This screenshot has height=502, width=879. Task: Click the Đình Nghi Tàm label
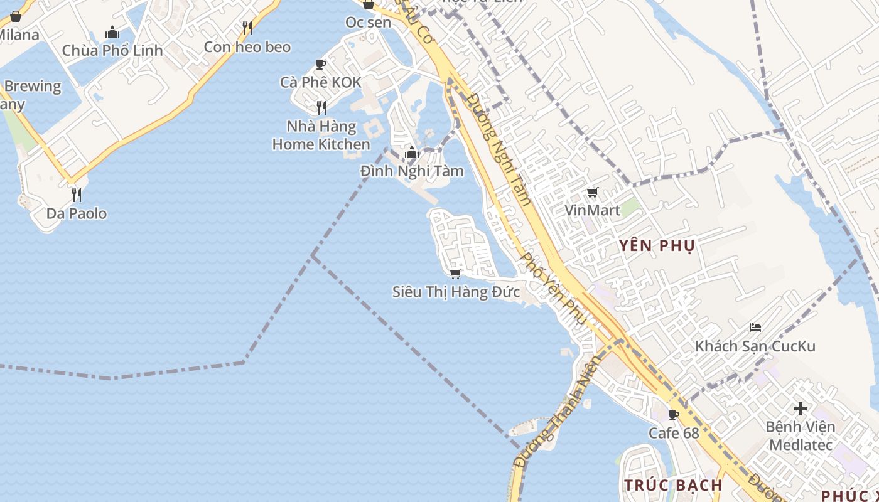[412, 171]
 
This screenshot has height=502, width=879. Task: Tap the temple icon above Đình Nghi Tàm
[412, 152]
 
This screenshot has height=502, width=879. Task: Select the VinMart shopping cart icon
[592, 193]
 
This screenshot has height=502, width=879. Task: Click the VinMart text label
[592, 210]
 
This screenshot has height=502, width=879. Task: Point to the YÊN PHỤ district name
[657, 246]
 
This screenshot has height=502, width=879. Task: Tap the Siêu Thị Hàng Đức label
[456, 292]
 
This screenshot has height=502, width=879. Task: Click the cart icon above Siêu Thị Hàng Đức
[456, 274]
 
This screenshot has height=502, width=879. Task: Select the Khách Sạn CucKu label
[755, 346]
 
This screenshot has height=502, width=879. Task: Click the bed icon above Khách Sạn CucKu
[755, 328]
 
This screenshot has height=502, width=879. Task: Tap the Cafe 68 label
[674, 433]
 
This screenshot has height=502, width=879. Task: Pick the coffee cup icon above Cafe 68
[674, 415]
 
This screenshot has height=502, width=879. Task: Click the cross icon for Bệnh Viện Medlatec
[800, 409]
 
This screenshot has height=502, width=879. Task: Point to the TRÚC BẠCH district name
[673, 485]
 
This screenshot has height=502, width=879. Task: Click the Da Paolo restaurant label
[77, 213]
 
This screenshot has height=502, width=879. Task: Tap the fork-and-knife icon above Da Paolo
[77, 195]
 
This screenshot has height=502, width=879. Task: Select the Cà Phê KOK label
[321, 82]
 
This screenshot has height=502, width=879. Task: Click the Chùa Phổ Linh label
[112, 50]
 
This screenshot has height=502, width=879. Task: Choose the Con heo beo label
[247, 46]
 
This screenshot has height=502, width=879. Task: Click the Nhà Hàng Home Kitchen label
[321, 136]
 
